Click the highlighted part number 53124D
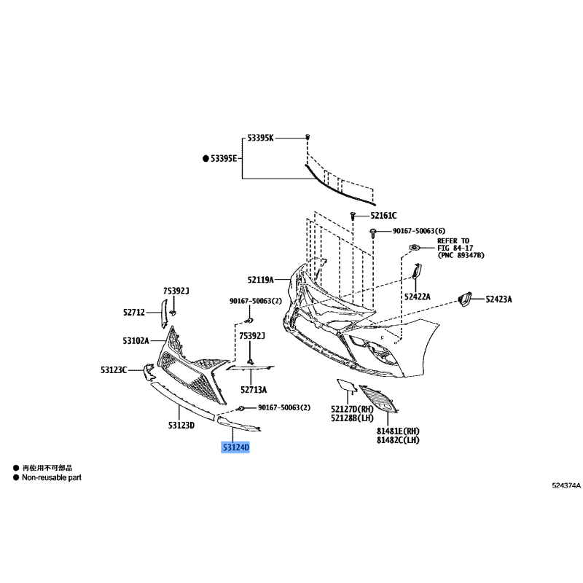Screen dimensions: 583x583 [235, 447]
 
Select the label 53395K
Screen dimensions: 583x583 [260, 138]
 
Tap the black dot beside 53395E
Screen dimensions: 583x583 [206, 159]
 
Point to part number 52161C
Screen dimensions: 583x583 [383, 216]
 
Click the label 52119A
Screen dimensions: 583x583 [261, 280]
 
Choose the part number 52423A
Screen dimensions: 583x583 [498, 300]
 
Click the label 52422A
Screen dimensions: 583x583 [417, 297]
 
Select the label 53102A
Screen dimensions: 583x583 [136, 340]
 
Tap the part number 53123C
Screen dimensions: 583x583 [114, 370]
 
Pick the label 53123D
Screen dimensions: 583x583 [181, 426]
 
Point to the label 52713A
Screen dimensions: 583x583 [254, 390]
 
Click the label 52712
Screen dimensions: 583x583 [134, 313]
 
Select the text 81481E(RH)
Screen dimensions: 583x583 [398, 431]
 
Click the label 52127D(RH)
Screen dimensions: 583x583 [352, 410]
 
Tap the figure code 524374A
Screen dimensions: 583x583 [566, 485]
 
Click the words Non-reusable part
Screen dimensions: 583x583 [52, 478]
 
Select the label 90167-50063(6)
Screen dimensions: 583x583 [419, 231]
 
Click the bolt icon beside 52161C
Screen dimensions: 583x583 [353, 216]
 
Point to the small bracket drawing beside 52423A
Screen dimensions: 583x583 [464, 299]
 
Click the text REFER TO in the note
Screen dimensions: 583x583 [453, 241]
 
